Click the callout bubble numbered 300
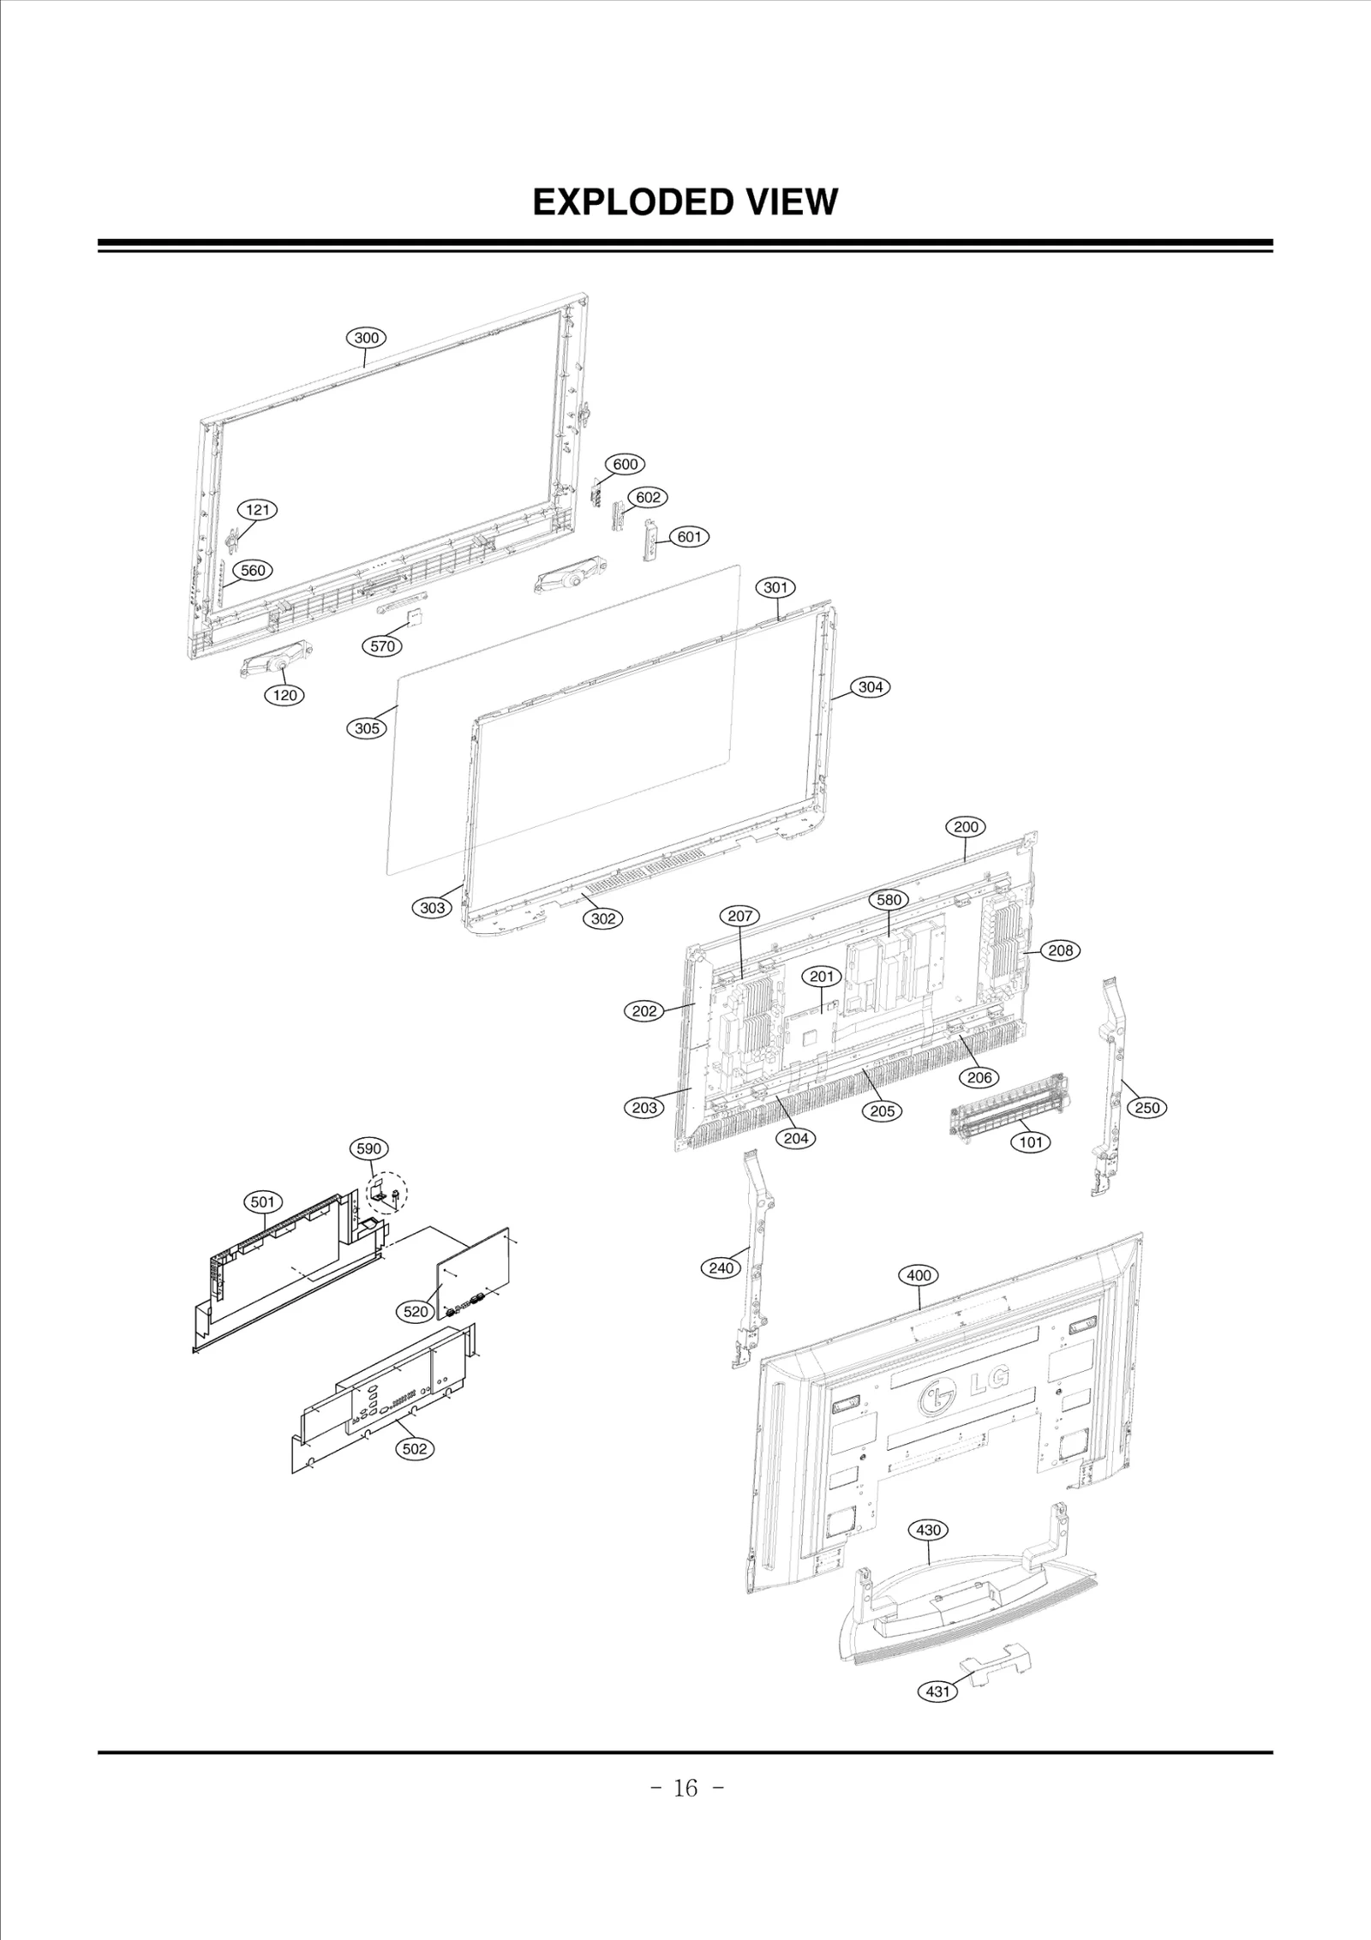[366, 338]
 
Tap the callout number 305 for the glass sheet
[367, 728]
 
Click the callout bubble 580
[889, 900]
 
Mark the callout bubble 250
[1146, 1107]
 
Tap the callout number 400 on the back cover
[919, 1275]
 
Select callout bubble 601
[689, 536]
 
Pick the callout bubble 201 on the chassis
[822, 977]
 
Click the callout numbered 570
[382, 646]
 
